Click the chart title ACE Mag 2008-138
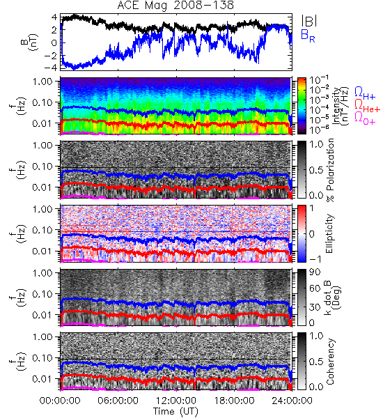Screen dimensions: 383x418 175,5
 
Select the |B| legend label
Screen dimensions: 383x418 309,21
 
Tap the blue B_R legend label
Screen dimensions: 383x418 308,36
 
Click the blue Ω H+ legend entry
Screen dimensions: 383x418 365,93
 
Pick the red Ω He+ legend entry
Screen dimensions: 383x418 367,106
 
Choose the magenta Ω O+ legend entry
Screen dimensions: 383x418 365,118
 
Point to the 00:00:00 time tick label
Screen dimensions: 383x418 60,401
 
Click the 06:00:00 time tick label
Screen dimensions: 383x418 118,401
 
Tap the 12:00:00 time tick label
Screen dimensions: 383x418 176,401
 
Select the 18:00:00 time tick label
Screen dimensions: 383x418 234,401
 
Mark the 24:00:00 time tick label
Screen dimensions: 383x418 292,401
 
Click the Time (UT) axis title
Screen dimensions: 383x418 175,412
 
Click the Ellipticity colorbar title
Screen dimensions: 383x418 329,233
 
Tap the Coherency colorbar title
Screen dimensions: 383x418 330,362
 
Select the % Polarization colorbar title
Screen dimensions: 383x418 330,170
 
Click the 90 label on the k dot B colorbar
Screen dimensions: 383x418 315,272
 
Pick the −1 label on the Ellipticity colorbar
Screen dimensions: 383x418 315,259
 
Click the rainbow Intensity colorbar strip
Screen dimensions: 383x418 302,106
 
